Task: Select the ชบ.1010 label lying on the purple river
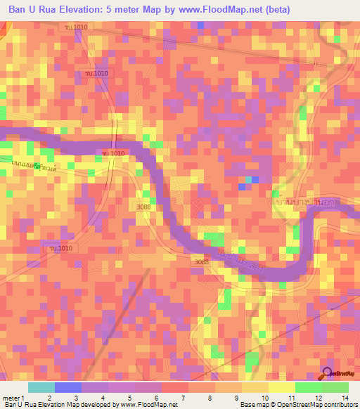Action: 113,153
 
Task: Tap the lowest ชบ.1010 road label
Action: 60,248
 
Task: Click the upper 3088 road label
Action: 143,207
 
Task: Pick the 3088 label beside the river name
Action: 200,261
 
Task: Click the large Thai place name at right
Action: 300,201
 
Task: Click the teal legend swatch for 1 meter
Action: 41,387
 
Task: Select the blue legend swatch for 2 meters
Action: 68,387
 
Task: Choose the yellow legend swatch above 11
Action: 281,387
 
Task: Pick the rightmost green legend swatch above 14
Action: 335,387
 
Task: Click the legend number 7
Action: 184,397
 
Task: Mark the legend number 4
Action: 103,397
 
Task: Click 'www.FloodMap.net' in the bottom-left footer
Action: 148,405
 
